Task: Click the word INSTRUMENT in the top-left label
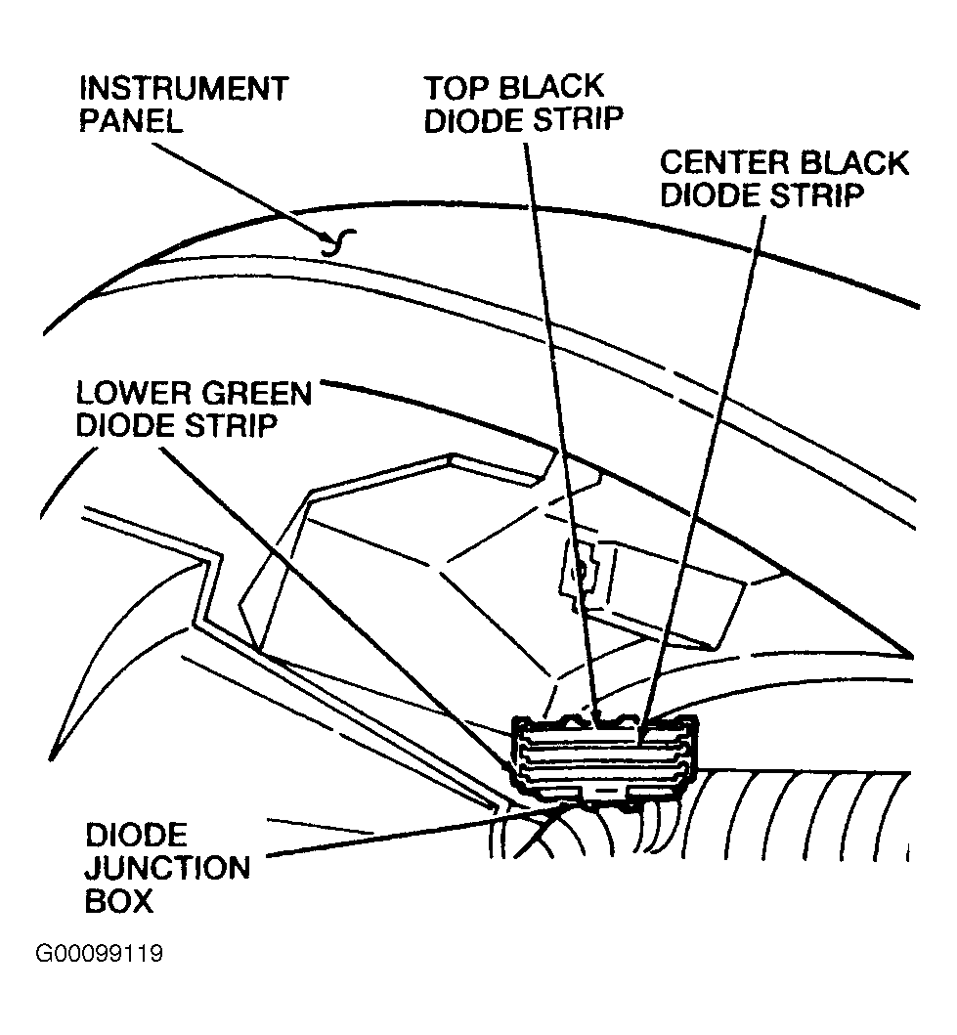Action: tap(184, 89)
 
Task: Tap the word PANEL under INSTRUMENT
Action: tap(131, 121)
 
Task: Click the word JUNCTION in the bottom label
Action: tap(167, 868)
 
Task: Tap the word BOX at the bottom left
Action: tap(119, 900)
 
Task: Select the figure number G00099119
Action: tap(99, 954)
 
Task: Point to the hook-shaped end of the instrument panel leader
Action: tap(338, 242)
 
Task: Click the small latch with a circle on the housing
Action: tap(581, 572)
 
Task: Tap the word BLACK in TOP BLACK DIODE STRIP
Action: tap(549, 88)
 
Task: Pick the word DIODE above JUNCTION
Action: tap(137, 836)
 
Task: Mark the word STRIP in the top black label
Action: tap(578, 120)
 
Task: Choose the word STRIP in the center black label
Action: tap(816, 195)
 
